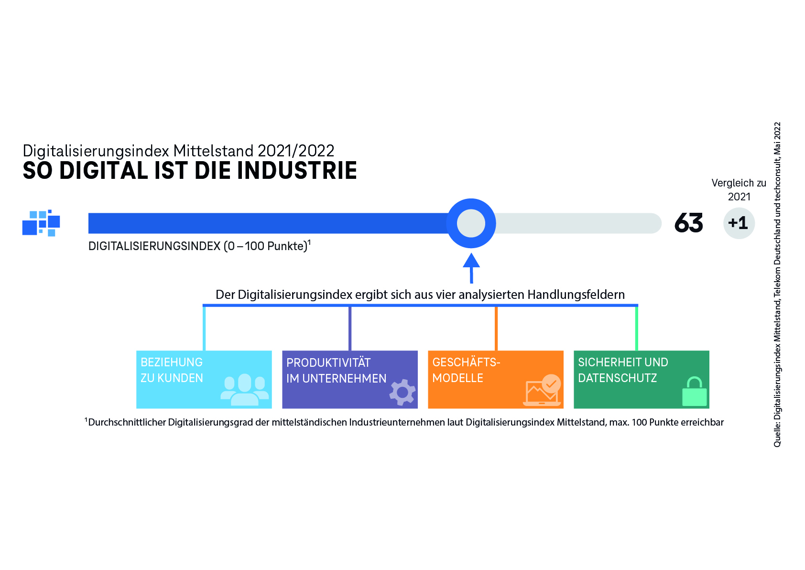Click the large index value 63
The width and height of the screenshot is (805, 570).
tap(688, 223)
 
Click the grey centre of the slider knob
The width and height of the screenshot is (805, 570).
tap(471, 223)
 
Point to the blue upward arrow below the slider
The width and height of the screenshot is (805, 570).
tap(471, 268)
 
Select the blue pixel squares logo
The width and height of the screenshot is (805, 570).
tap(41, 223)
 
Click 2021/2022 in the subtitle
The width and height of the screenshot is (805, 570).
tap(296, 151)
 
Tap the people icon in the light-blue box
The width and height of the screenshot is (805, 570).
tap(244, 390)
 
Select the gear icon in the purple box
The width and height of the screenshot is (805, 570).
tap(402, 392)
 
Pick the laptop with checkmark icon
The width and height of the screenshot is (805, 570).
tap(542, 390)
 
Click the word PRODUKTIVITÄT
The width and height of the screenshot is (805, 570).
tap(328, 362)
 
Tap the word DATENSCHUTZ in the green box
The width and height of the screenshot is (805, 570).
tap(618, 378)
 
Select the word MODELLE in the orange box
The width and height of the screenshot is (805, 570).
tap(457, 378)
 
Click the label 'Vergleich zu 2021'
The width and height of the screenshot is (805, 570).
tap(739, 190)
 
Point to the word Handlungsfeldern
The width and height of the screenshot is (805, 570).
tap(576, 295)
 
